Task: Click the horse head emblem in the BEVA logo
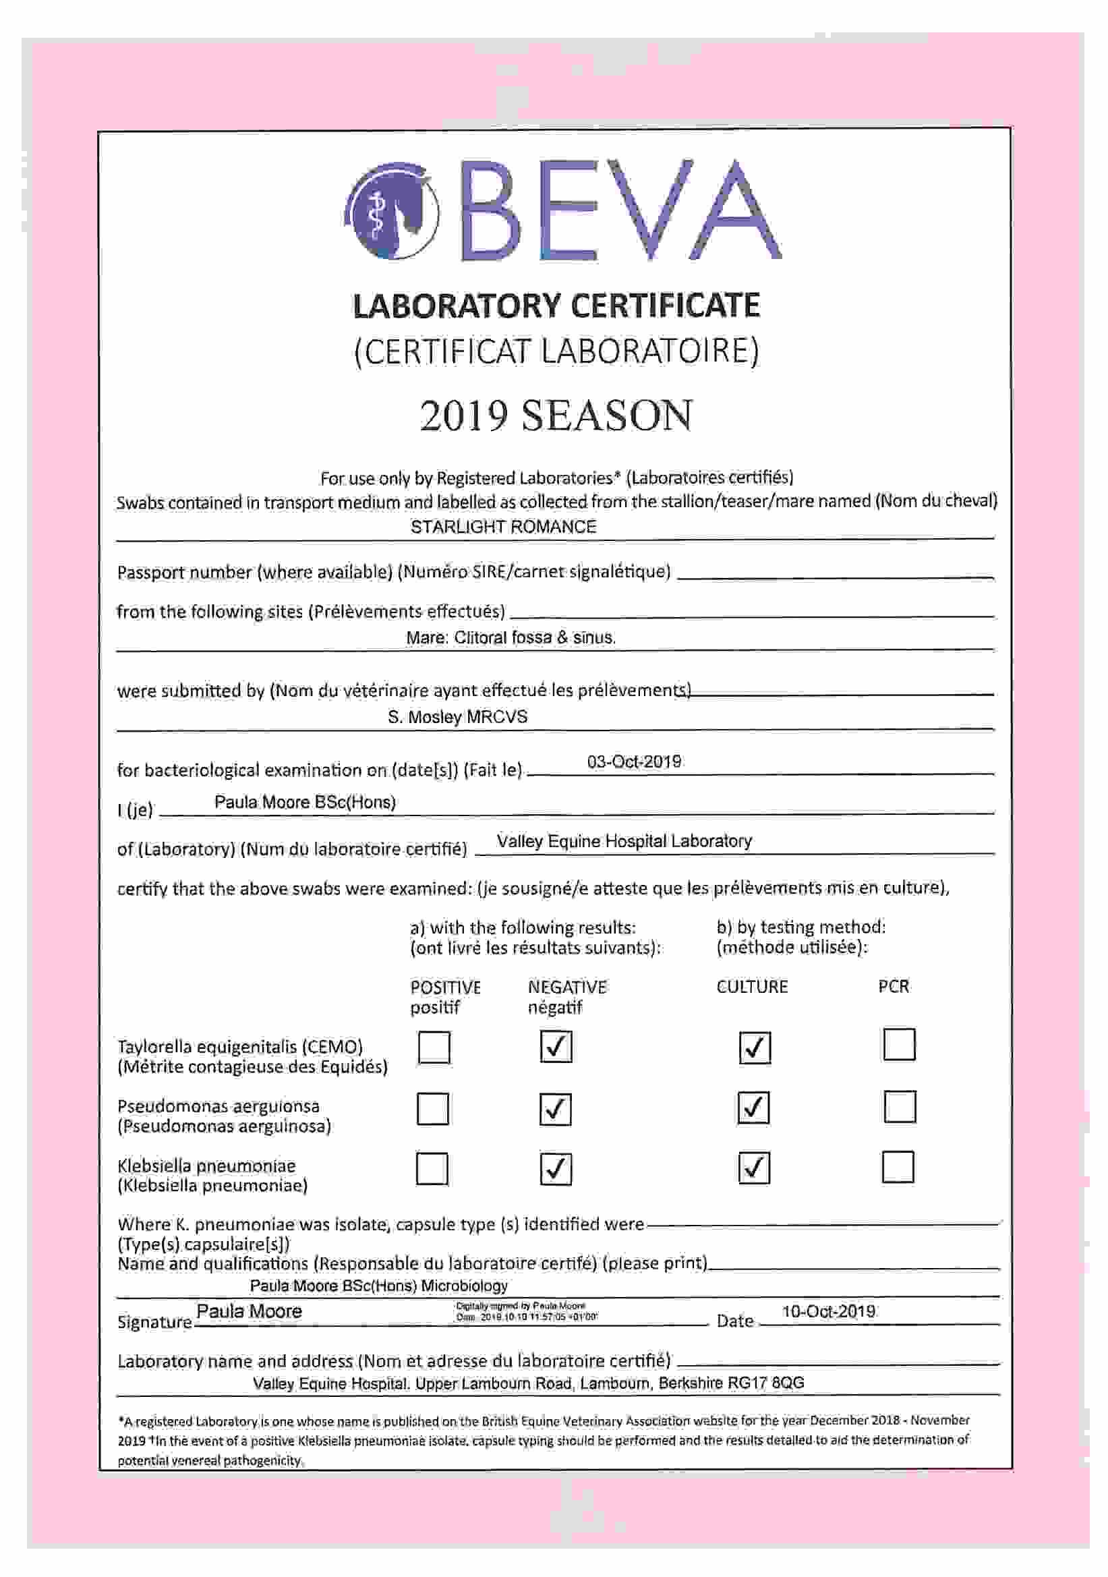(392, 211)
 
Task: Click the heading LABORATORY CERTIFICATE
(556, 306)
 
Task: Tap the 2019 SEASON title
(556, 415)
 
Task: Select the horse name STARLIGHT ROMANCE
(503, 527)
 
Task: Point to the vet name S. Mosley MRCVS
(457, 717)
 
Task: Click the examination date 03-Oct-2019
(633, 762)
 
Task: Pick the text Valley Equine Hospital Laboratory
(624, 841)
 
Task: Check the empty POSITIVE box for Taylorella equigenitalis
(434, 1048)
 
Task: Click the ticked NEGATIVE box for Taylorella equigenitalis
(555, 1047)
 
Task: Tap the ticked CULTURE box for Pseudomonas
(753, 1107)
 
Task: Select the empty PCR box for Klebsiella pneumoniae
(897, 1167)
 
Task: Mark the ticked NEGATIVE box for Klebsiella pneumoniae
(555, 1168)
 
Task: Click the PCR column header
(893, 987)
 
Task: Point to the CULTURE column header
(751, 987)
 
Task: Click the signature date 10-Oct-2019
(827, 1311)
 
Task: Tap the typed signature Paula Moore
(249, 1311)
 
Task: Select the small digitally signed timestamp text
(526, 1311)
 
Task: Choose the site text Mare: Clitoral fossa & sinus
(511, 637)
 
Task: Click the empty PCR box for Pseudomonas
(898, 1106)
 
